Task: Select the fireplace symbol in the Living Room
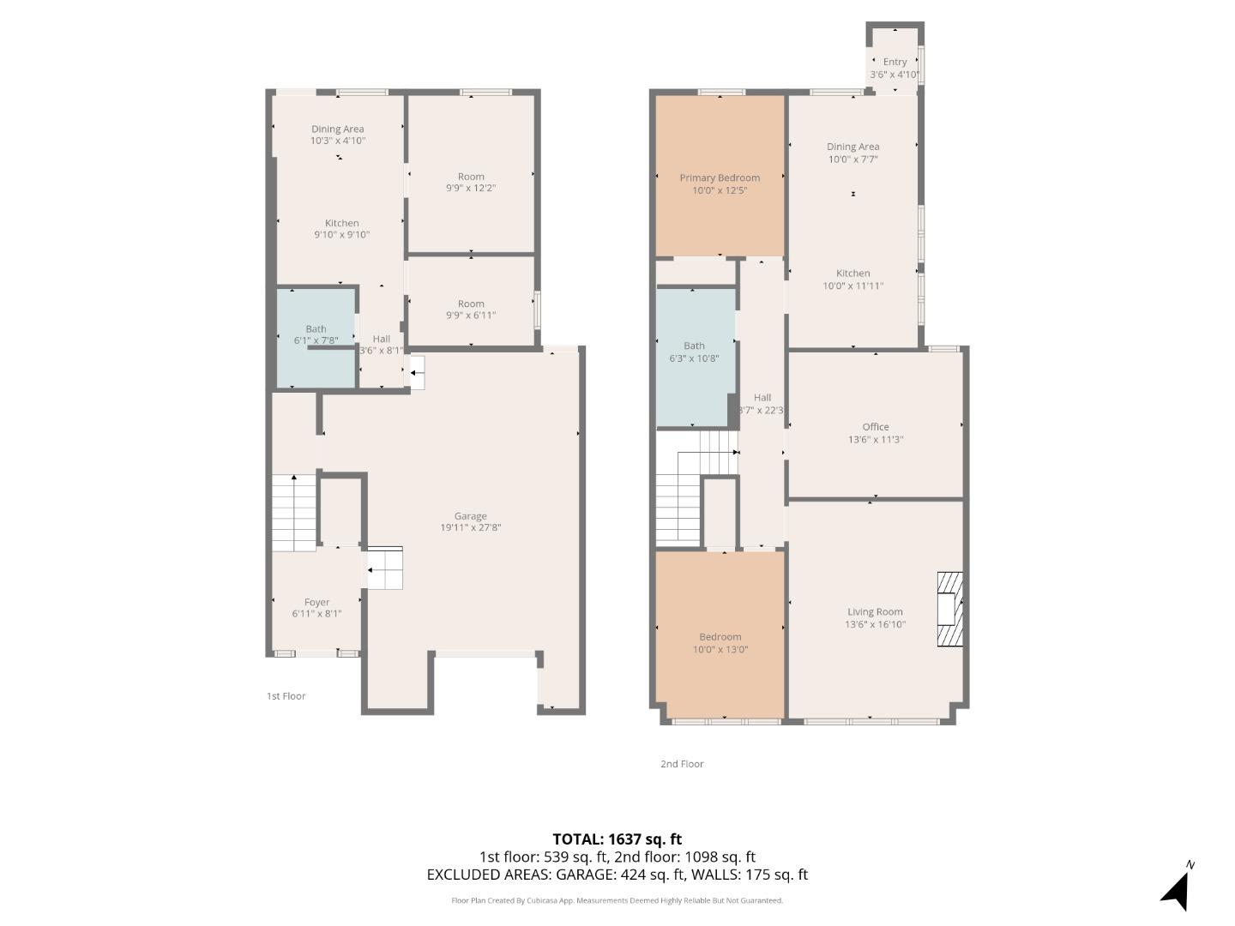pos(949,609)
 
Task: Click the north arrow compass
pos(1177,888)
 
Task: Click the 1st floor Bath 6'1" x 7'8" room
pos(316,336)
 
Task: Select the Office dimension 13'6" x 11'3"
pos(875,440)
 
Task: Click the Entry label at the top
pos(895,62)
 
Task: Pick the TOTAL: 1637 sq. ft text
pos(617,839)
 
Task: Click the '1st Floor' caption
pos(286,696)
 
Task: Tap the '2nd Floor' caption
pos(682,764)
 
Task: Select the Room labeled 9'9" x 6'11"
pos(471,310)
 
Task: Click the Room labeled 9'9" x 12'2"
pos(471,182)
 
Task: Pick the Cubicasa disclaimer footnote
pos(617,900)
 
